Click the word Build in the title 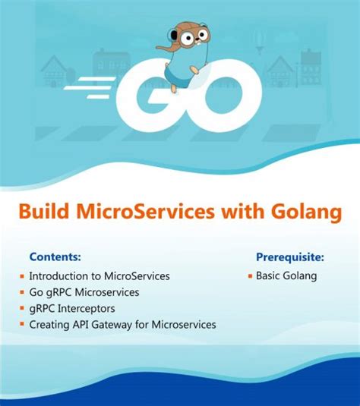42,212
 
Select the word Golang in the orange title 305,212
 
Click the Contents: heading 55,257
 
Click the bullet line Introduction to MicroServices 99,276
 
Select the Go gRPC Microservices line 84,292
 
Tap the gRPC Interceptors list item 72,308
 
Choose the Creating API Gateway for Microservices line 122,324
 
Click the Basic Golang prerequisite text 286,276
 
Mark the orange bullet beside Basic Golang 250,276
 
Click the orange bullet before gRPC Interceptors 23,308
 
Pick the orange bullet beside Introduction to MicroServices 23,276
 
